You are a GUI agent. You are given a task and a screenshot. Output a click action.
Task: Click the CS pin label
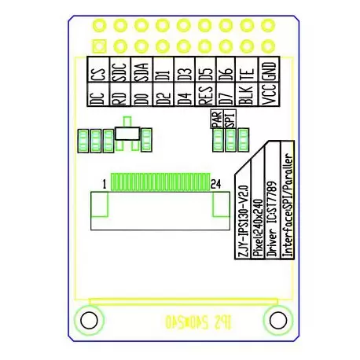tap(98, 75)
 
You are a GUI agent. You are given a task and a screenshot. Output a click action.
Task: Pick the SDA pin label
tap(141, 74)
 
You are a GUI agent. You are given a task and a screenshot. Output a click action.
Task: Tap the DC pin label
tap(98, 97)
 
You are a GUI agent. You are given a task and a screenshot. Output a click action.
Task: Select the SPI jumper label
tap(230, 119)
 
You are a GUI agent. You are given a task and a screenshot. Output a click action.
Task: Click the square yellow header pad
tap(98, 45)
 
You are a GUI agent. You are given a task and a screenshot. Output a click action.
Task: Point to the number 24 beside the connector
tap(216, 184)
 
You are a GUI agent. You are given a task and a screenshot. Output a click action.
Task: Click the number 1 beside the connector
tap(103, 184)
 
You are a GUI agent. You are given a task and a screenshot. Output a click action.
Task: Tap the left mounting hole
tap(86, 321)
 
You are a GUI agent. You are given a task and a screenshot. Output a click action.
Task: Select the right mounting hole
tap(276, 321)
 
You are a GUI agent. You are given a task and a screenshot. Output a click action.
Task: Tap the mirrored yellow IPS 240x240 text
tap(181, 321)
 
